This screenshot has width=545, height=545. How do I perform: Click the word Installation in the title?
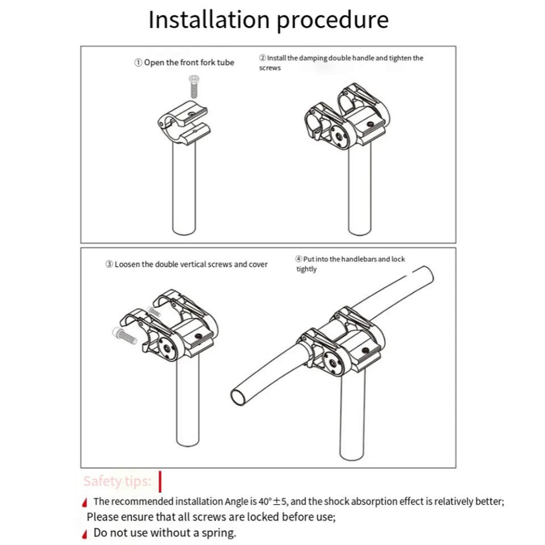click(209, 19)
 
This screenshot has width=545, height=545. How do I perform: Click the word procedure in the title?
click(333, 22)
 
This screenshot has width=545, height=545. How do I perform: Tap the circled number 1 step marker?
click(139, 62)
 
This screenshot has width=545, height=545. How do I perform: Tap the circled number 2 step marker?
click(262, 58)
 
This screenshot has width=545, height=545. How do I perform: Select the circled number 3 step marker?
click(109, 265)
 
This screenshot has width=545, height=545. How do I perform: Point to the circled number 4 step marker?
click(299, 259)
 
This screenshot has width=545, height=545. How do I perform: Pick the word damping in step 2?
click(313, 58)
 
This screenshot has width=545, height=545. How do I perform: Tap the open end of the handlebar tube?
click(239, 397)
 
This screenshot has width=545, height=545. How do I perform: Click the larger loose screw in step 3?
click(124, 335)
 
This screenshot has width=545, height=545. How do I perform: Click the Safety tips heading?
click(118, 481)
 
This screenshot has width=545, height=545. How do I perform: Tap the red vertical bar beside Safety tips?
click(160, 482)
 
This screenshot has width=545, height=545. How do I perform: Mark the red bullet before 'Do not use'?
click(85, 534)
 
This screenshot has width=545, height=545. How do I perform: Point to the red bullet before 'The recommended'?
click(85, 502)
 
